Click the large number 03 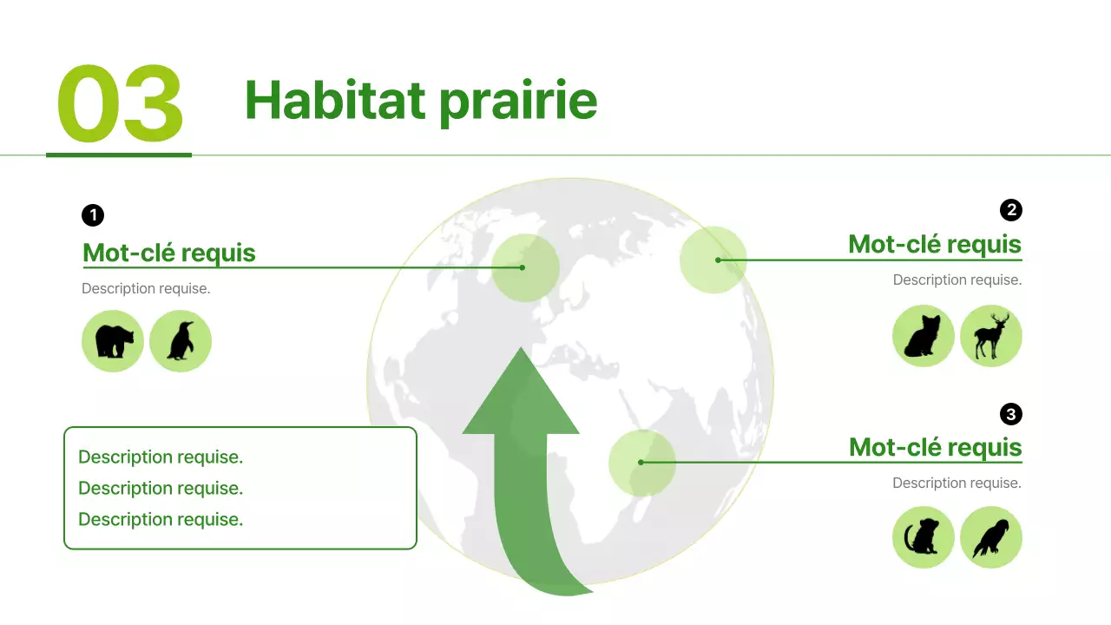pyautogui.click(x=120, y=105)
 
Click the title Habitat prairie pyautogui.click(x=421, y=100)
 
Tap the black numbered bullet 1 pyautogui.click(x=93, y=215)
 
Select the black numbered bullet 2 pyautogui.click(x=1010, y=210)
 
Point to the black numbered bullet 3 pyautogui.click(x=1010, y=414)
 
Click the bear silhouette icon pyautogui.click(x=113, y=341)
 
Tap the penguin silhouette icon pyautogui.click(x=181, y=341)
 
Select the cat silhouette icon pyautogui.click(x=924, y=336)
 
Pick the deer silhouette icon pyautogui.click(x=991, y=336)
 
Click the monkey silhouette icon pyautogui.click(x=924, y=537)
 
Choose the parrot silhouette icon pyautogui.click(x=991, y=537)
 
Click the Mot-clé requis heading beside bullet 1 pyautogui.click(x=168, y=253)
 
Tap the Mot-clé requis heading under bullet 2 pyautogui.click(x=935, y=244)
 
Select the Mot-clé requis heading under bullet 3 pyautogui.click(x=935, y=447)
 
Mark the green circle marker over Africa pyautogui.click(x=641, y=463)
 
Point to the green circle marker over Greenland pyautogui.click(x=524, y=267)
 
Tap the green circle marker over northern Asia pyautogui.click(x=713, y=260)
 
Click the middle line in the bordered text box pyautogui.click(x=161, y=488)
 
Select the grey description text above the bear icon pyautogui.click(x=146, y=288)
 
